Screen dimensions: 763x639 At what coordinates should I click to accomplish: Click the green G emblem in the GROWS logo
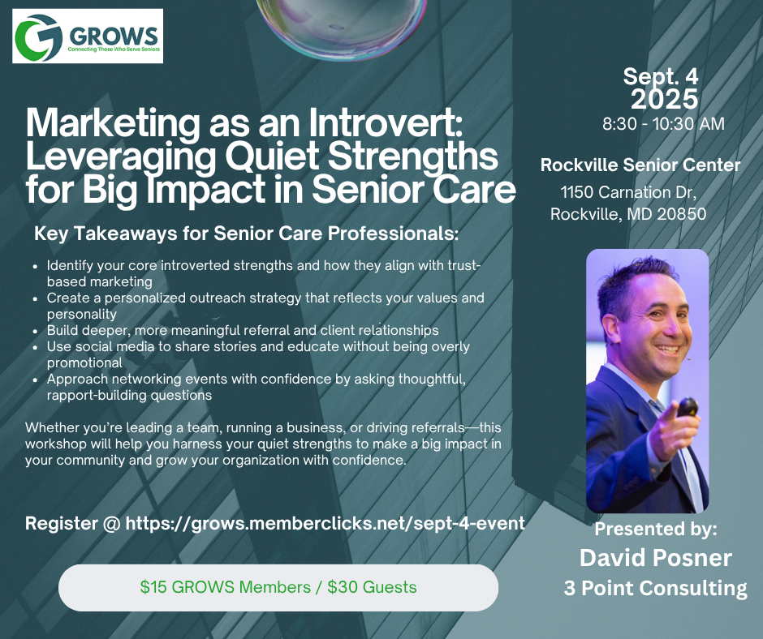38,37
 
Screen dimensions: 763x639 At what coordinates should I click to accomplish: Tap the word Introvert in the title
385,122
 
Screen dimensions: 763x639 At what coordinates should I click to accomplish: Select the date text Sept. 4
661,77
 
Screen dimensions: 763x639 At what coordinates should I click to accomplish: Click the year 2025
664,99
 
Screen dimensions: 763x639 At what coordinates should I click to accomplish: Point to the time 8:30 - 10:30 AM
663,123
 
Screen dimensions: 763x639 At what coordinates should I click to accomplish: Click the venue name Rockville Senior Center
640,165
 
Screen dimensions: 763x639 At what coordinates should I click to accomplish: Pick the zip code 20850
681,214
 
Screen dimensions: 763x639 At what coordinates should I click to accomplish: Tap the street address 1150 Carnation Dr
627,192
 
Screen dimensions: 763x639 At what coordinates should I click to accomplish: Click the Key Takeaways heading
246,234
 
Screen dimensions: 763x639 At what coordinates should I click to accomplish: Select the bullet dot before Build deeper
35,332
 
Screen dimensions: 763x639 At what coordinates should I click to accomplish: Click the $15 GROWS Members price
226,587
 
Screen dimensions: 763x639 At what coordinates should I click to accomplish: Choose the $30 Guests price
372,587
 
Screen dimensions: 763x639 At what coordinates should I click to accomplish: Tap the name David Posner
656,558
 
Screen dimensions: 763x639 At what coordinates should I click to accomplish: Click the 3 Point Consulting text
656,588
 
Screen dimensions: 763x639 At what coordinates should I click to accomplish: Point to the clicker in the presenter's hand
687,407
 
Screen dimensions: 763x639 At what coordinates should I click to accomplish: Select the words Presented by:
656,529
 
